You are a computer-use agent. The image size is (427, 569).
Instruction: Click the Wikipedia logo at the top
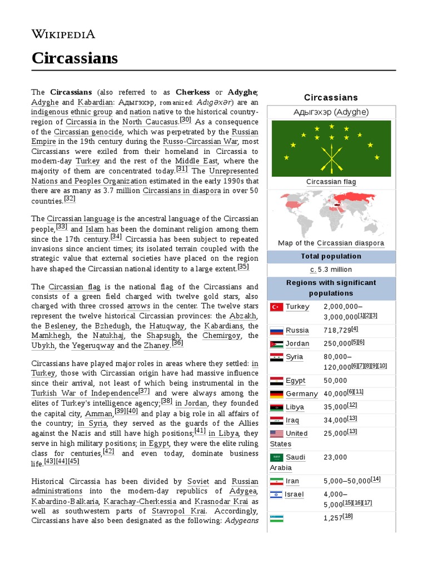coord(63,34)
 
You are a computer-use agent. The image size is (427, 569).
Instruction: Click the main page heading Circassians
coord(75,58)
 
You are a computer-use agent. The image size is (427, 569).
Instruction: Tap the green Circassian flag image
coord(331,148)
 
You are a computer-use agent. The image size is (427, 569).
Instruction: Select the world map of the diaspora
coord(331,214)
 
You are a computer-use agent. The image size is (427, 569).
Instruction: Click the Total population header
coord(331,256)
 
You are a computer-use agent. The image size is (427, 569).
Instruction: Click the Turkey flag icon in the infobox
coord(276,307)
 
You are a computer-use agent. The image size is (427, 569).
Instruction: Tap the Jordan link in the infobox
coord(297,343)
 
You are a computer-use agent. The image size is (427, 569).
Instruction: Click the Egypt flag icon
coord(276,381)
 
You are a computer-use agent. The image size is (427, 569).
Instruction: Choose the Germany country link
coord(301,394)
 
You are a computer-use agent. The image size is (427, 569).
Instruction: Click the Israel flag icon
coord(276,494)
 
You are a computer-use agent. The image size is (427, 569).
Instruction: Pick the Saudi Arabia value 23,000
coord(335,457)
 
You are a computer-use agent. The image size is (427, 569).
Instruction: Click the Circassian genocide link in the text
coord(88,132)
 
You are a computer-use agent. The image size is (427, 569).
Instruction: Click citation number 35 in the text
coord(243,267)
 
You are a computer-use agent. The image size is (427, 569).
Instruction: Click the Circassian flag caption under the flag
coord(331,182)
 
